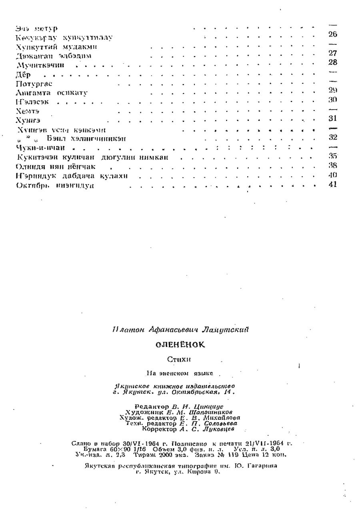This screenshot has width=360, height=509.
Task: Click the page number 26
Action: click(x=332, y=34)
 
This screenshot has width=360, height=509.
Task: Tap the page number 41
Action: click(x=332, y=184)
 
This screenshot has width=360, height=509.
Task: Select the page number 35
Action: click(x=332, y=156)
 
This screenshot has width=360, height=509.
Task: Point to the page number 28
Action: click(x=332, y=62)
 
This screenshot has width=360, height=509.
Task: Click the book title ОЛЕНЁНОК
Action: click(x=180, y=345)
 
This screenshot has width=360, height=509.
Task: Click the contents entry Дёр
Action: click(x=23, y=75)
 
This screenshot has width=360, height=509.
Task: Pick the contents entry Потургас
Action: click(x=34, y=84)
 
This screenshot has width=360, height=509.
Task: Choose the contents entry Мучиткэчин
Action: click(x=40, y=65)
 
